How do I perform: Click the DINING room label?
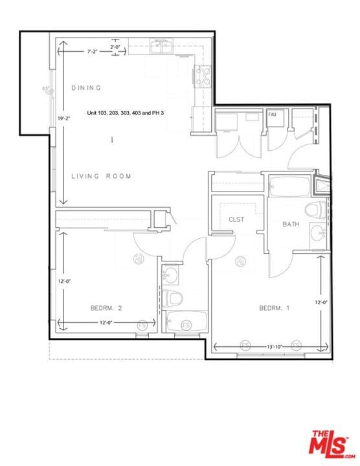(x=86, y=87)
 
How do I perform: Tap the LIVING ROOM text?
(x=101, y=176)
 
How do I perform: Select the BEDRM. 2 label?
(x=106, y=308)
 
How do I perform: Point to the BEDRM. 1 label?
(x=274, y=308)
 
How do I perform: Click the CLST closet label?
(x=236, y=220)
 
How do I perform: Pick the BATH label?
(x=291, y=225)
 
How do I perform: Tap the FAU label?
(x=273, y=115)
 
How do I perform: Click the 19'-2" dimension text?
(x=63, y=119)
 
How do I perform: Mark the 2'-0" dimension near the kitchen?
(x=115, y=47)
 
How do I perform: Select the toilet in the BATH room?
(x=316, y=210)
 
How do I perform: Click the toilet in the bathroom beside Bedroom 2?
(x=172, y=298)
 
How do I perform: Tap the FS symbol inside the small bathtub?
(x=186, y=324)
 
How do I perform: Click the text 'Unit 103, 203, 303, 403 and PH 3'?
(x=126, y=113)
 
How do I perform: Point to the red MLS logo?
(x=332, y=445)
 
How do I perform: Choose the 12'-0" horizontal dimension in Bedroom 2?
(x=107, y=323)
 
